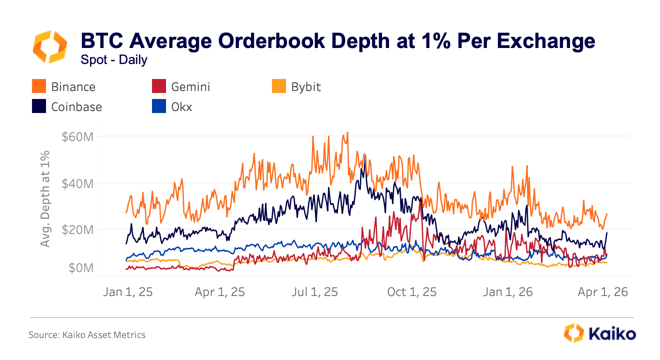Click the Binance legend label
tap(73, 86)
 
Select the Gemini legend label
tap(190, 86)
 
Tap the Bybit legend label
tap(305, 86)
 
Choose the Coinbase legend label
tap(76, 106)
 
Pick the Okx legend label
tap(181, 106)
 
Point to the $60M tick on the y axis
tap(77, 136)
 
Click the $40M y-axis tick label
tap(77, 183)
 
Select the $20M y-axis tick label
tap(77, 230)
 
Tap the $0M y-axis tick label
tap(80, 268)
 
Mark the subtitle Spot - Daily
tap(114, 60)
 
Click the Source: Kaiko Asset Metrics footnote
tap(87, 335)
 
